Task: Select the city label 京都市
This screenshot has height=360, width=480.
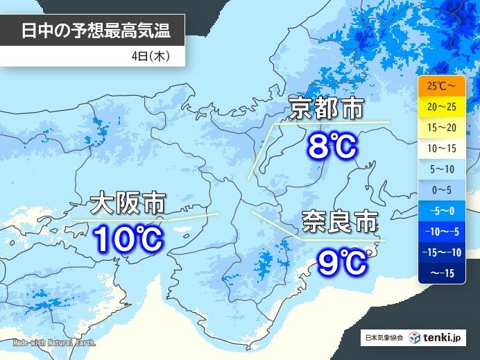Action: (x=327, y=110)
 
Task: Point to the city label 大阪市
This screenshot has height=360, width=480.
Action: (x=128, y=204)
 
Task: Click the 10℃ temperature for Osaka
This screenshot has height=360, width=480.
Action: (x=128, y=240)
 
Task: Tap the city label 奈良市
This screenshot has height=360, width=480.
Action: (x=340, y=223)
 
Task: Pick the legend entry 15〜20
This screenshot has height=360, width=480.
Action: (x=441, y=128)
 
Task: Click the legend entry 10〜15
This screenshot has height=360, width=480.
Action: (x=441, y=147)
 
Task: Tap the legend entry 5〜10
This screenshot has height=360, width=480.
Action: (x=441, y=167)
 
